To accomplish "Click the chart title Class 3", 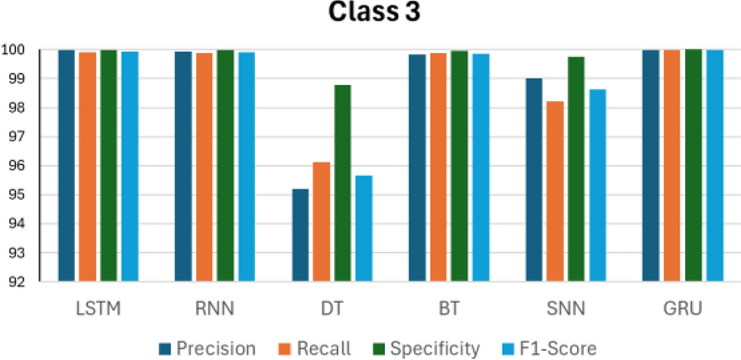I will [370, 14].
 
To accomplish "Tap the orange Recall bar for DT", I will [321, 222].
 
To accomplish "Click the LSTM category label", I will [99, 309].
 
